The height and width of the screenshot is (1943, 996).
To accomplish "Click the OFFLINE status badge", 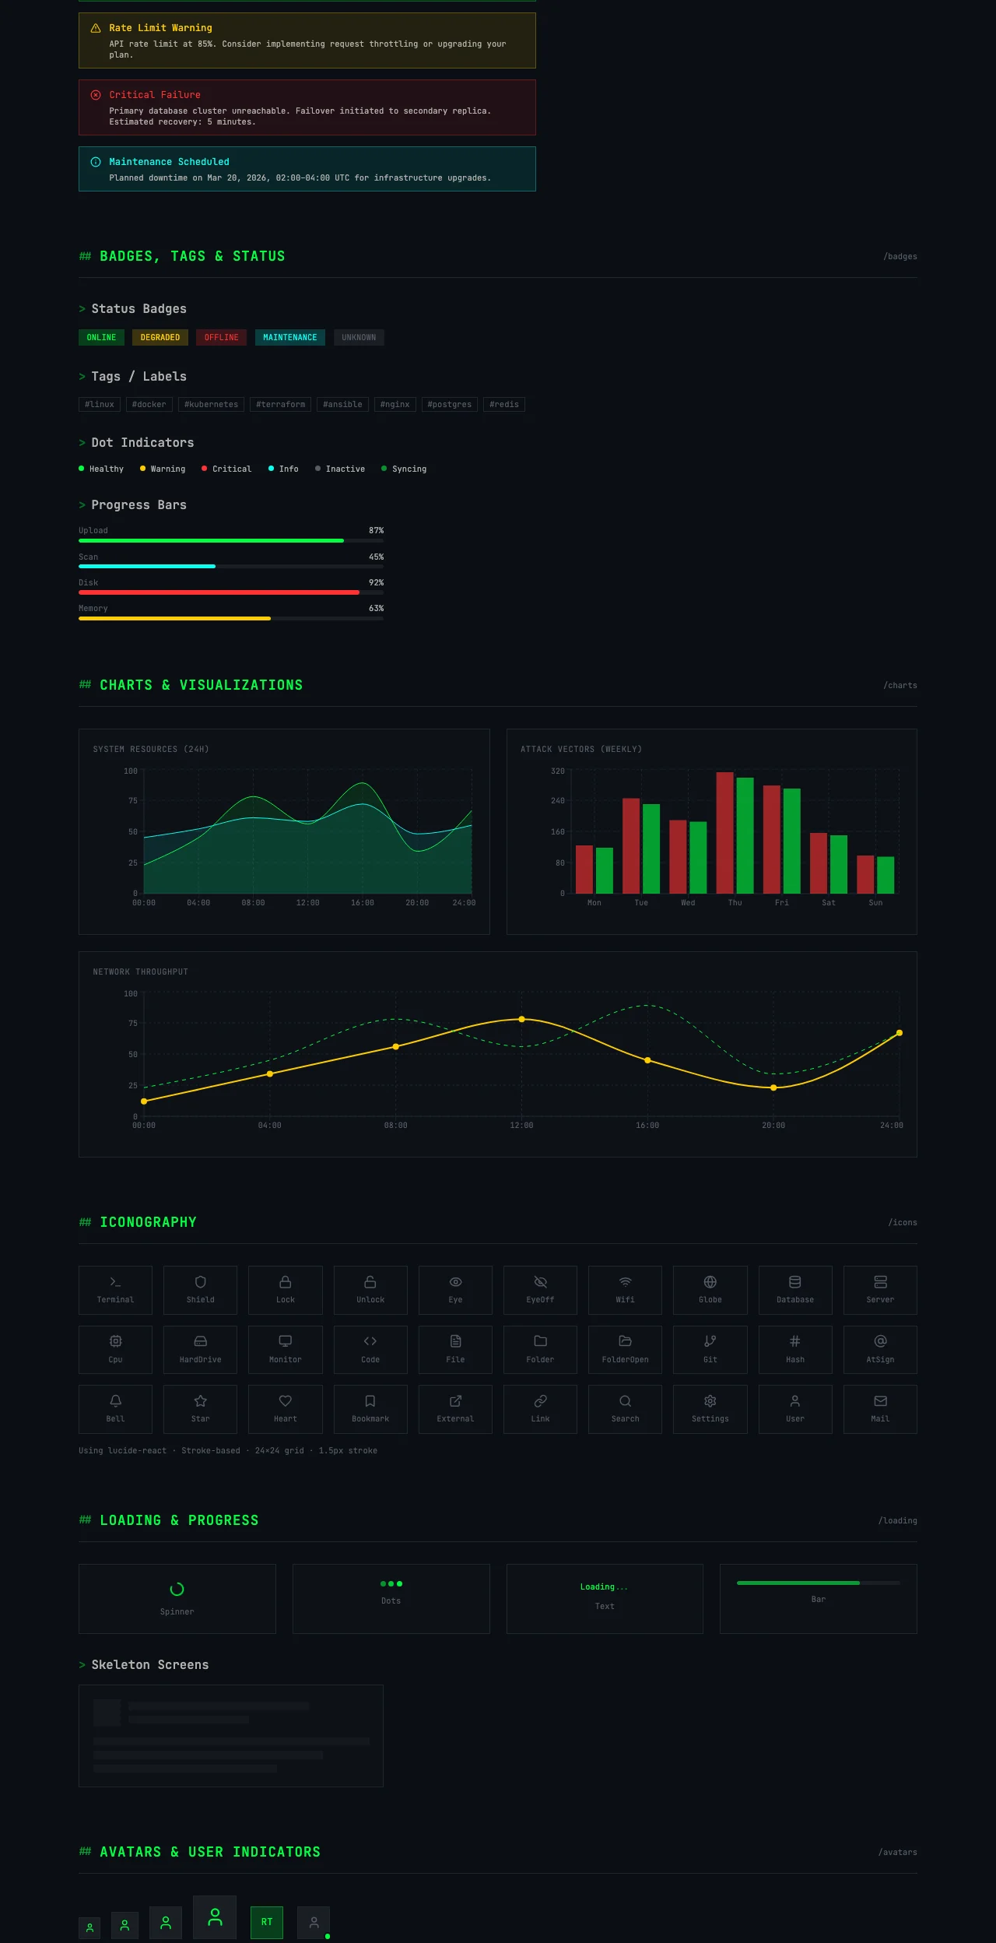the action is (221, 337).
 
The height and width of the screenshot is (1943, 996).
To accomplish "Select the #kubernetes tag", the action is (211, 404).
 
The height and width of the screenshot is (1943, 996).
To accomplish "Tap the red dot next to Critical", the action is (204, 469).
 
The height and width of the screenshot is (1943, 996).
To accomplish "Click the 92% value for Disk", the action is (376, 582).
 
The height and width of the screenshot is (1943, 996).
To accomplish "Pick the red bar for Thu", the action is (724, 832).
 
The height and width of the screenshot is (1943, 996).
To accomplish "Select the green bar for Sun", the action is (886, 875).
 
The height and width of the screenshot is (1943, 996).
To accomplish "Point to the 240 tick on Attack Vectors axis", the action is (558, 800).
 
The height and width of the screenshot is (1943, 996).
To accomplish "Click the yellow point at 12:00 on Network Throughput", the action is (521, 1019).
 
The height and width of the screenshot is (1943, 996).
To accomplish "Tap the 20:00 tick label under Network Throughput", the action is (773, 1125).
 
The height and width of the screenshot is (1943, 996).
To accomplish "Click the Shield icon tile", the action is (200, 1290).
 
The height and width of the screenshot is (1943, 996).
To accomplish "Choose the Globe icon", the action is (710, 1282).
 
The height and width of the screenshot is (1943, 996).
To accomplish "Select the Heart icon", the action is (286, 1401).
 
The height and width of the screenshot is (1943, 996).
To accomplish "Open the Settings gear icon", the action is (710, 1401).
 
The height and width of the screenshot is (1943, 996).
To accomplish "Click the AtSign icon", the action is (880, 1341).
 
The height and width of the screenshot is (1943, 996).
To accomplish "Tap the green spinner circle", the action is (177, 1589).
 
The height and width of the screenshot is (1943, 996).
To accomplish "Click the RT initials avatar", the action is (267, 1922).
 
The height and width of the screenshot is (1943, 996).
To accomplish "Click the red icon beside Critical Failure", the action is (96, 95).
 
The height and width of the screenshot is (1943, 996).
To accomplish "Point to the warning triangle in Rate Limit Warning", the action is (96, 28).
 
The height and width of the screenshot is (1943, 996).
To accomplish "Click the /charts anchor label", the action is (900, 685).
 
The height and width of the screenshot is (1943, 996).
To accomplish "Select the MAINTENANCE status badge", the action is (290, 337).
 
